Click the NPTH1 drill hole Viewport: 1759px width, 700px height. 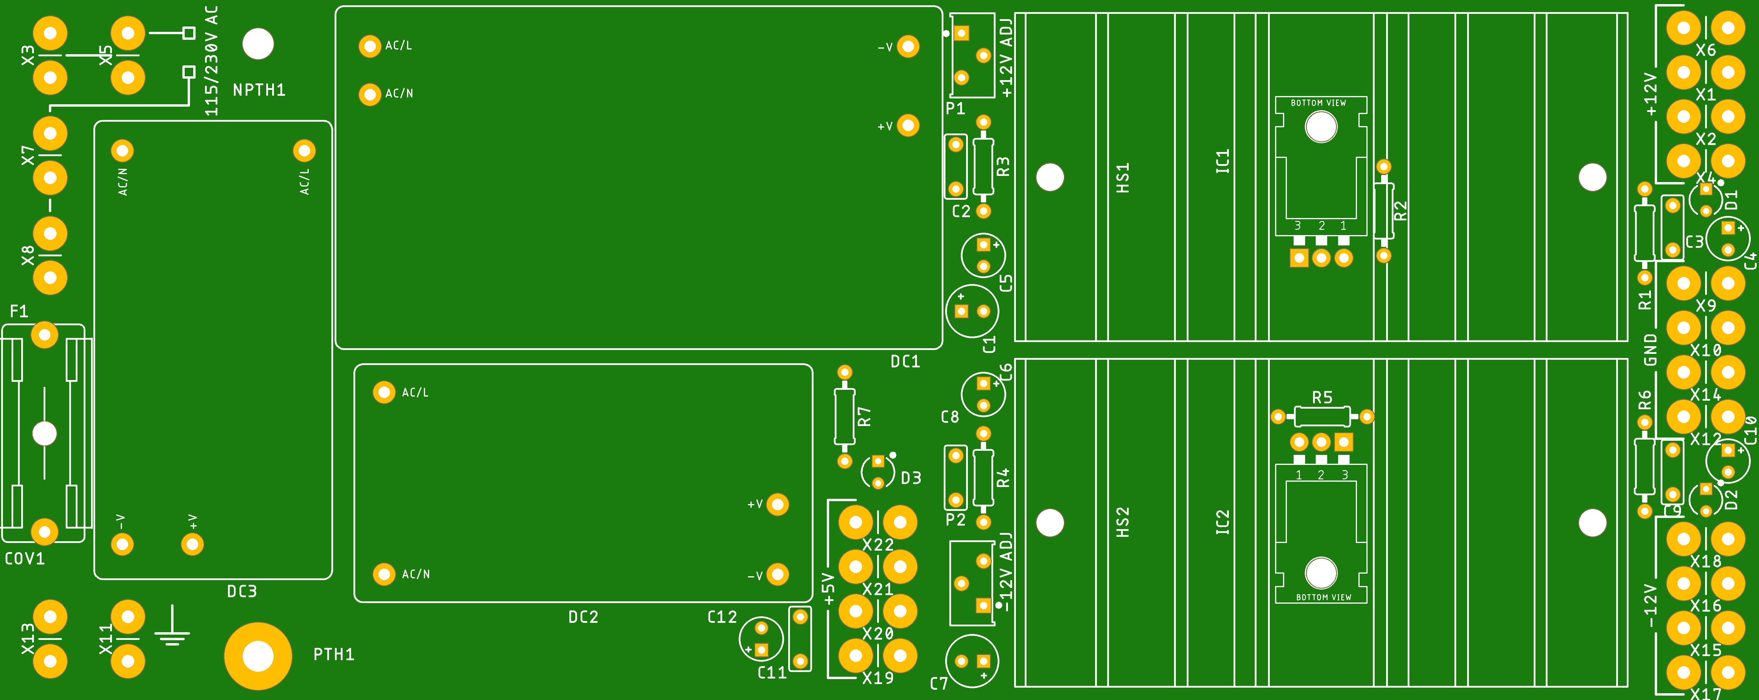click(258, 44)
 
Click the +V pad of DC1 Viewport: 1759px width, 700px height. click(907, 126)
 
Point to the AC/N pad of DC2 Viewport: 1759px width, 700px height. click(384, 574)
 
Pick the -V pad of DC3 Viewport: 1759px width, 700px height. click(122, 544)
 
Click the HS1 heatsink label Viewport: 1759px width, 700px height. click(1122, 178)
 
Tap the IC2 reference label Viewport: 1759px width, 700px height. click(1222, 522)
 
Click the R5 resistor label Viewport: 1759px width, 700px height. click(1322, 397)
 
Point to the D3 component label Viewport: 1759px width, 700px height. click(911, 478)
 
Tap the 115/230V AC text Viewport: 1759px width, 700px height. click(212, 62)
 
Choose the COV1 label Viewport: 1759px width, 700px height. click(24, 559)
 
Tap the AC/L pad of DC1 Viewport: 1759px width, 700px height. click(369, 46)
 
